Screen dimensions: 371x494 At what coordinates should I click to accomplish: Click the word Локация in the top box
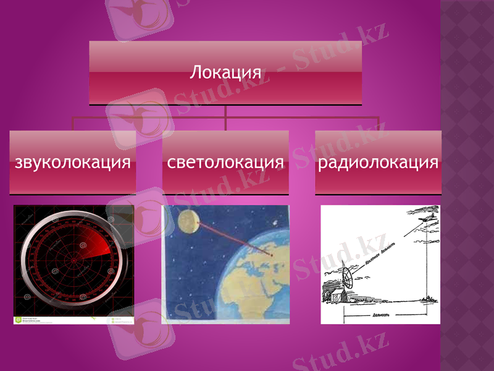pyautogui.click(x=225, y=72)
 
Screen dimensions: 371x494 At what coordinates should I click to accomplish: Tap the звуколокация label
pyautogui.click(x=73, y=163)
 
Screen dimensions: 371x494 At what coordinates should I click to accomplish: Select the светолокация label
pyautogui.click(x=225, y=163)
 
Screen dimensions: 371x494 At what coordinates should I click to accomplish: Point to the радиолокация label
pyautogui.click(x=378, y=163)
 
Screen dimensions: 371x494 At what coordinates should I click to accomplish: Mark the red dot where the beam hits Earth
pyautogui.click(x=272, y=254)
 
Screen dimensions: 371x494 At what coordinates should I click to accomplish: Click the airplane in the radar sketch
pyautogui.click(x=427, y=218)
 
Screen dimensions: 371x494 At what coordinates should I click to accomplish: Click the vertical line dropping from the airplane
pyautogui.click(x=428, y=266)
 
